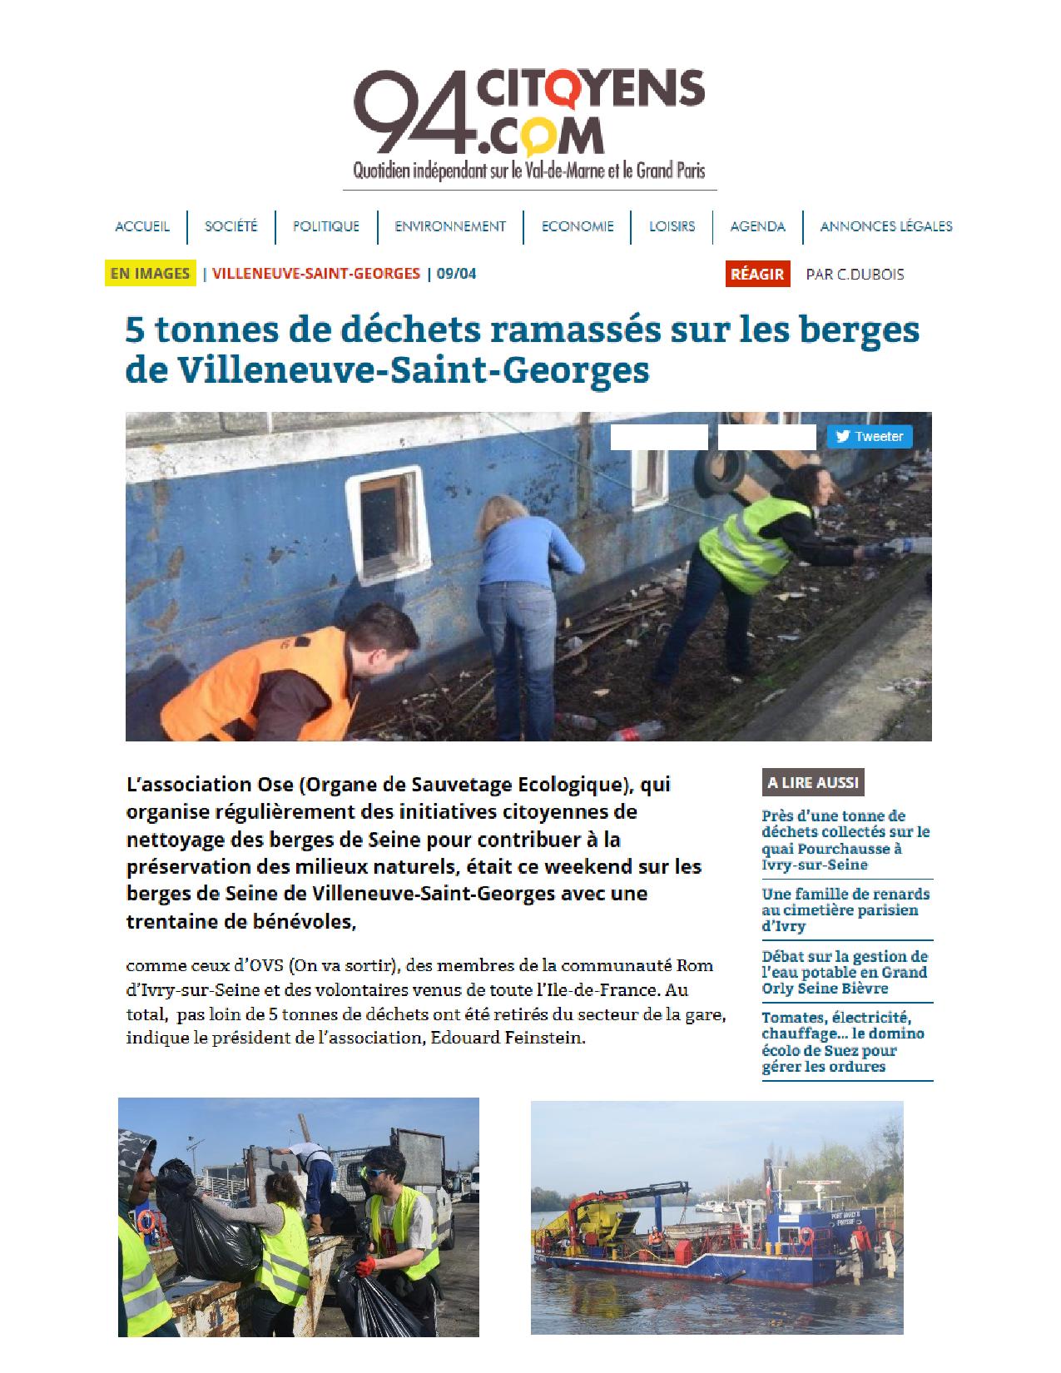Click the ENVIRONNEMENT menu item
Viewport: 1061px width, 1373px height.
click(449, 226)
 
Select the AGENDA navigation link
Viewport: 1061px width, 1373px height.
click(757, 226)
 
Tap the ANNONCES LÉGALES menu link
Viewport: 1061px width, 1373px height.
click(885, 226)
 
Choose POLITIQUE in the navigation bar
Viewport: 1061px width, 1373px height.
click(325, 226)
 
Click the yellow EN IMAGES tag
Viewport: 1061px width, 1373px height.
click(150, 273)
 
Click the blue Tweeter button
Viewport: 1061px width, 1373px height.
click(869, 436)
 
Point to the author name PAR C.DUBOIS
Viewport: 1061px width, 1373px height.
click(854, 274)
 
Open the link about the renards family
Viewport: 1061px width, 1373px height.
click(845, 910)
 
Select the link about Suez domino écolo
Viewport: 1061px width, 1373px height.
click(842, 1042)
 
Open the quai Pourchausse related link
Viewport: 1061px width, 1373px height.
click(845, 840)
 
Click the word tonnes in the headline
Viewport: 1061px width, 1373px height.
click(211, 330)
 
